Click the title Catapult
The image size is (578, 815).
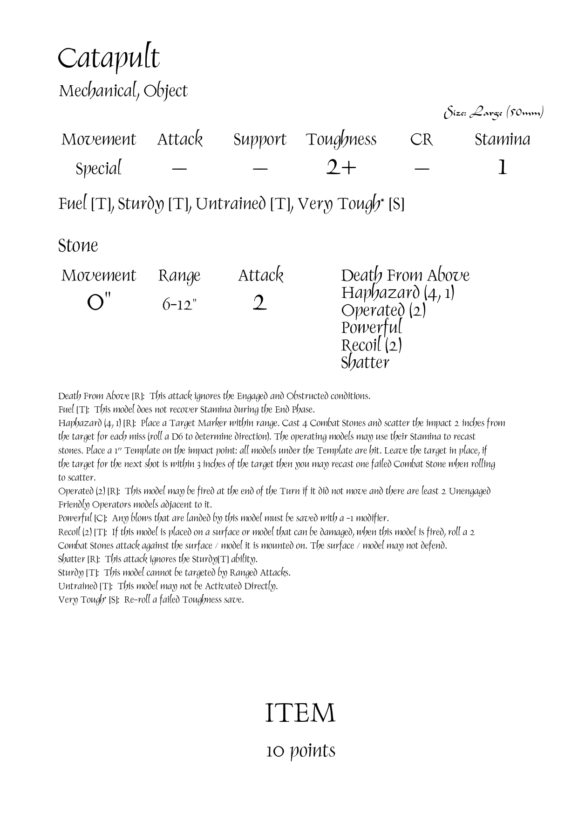click(x=109, y=59)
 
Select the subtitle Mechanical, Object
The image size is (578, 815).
click(x=123, y=91)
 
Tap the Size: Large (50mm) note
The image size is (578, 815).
click(x=494, y=113)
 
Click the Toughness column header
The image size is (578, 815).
click(x=341, y=139)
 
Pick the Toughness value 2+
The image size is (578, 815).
click(x=341, y=168)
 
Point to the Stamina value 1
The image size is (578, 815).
click(x=502, y=168)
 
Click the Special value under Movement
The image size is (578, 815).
click(x=98, y=168)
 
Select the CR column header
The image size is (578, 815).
click(x=422, y=139)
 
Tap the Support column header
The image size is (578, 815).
click(x=259, y=140)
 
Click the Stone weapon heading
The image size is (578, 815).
click(x=78, y=246)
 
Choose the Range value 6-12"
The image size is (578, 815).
click(x=179, y=305)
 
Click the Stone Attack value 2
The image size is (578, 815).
click(x=259, y=304)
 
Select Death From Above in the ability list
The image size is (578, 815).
click(x=405, y=275)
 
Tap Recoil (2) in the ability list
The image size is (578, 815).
click(x=371, y=345)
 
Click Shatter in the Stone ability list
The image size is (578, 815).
click(x=365, y=363)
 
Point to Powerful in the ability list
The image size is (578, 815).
click(x=371, y=328)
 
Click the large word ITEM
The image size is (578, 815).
click(x=300, y=713)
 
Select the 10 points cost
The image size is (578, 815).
click(x=300, y=751)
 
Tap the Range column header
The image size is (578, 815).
click(x=179, y=276)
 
